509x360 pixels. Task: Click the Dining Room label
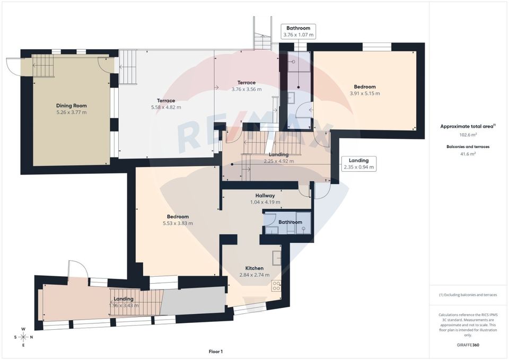(72, 105)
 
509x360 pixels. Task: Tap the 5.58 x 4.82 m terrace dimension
(166, 107)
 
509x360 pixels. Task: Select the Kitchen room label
(254, 268)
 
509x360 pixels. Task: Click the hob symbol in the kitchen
(276, 286)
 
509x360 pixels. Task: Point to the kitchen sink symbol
(276, 257)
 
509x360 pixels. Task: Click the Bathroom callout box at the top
(299, 31)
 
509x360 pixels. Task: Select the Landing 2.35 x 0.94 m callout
(359, 163)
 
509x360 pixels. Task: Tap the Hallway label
(265, 195)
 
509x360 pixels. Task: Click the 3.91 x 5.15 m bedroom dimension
(365, 93)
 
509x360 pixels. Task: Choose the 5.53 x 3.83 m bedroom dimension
(178, 223)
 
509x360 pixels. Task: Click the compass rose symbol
(23, 337)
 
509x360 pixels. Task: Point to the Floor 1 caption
(216, 352)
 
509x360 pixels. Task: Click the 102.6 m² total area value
(468, 135)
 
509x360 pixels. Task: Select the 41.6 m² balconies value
(468, 153)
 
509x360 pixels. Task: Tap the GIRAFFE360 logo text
(468, 345)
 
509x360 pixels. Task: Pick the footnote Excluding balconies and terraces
(468, 295)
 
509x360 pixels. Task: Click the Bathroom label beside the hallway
(291, 222)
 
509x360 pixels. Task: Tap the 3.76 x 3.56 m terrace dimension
(247, 89)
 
